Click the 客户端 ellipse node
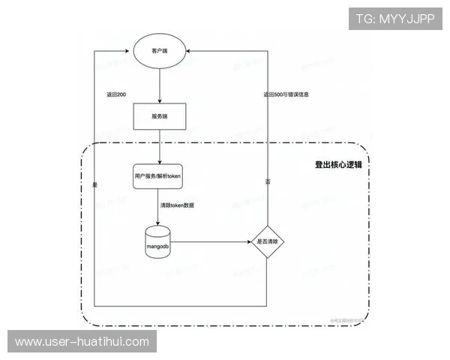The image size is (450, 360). click(159, 52)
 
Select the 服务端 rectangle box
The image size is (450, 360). click(159, 116)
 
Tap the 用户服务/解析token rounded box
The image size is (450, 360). click(159, 175)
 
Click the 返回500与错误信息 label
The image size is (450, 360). click(286, 95)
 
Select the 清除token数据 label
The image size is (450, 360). click(178, 205)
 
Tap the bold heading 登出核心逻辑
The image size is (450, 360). click(338, 164)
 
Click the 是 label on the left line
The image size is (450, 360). click(95, 184)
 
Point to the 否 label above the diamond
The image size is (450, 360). click(268, 183)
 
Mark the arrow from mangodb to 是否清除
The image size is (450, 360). click(214, 241)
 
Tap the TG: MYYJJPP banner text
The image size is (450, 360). click(395, 18)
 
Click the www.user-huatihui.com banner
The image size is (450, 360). click(82, 342)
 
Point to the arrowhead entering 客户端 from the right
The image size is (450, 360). click(188, 52)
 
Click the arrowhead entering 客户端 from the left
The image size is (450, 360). click(130, 52)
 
